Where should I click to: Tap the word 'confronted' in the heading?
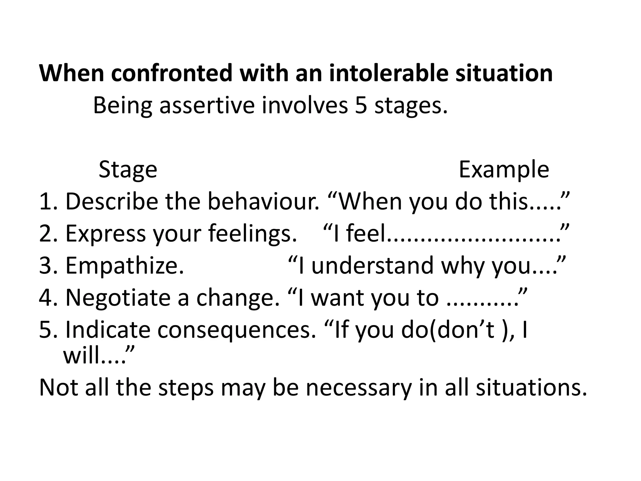point(171,73)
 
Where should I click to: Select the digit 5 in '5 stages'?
point(361,106)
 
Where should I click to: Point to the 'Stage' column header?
point(128,169)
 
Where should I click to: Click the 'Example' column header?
point(504,169)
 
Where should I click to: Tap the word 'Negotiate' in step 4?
point(118,298)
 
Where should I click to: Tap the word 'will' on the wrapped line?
point(82,356)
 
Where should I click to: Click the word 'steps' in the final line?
point(186,388)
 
